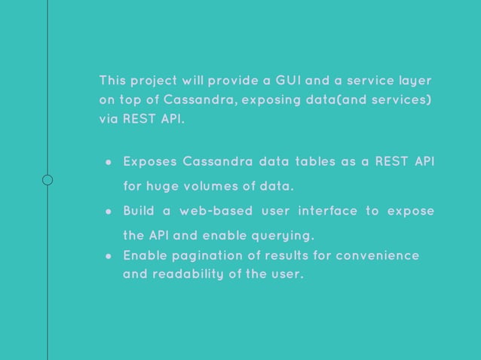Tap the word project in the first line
tap(152, 81)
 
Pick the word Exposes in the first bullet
tap(150, 161)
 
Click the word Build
tap(139, 210)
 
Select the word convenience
tap(378, 255)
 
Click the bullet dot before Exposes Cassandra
tap(109, 162)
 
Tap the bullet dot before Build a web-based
tap(109, 211)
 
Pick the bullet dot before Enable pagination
tap(109, 256)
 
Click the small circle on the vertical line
tap(47, 179)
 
